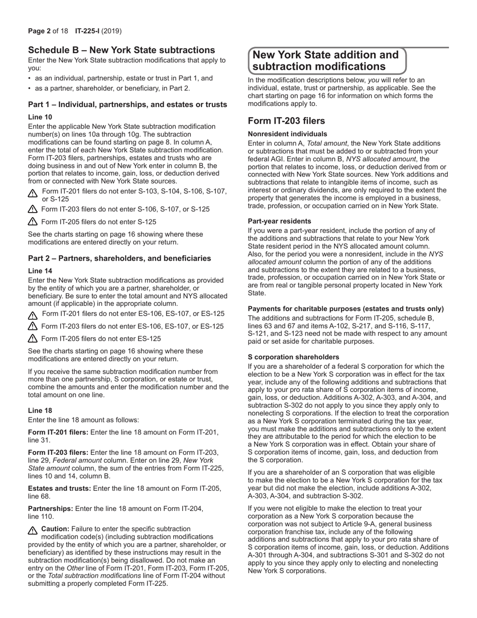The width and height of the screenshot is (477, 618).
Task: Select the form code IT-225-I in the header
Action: (x=88, y=31)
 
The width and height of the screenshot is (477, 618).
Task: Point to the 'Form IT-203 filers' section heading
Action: (x=286, y=121)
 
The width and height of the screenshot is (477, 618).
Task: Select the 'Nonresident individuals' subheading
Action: (x=287, y=134)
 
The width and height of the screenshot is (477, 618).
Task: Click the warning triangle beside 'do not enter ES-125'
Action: (x=33, y=339)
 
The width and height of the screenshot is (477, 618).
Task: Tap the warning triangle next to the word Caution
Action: (x=33, y=530)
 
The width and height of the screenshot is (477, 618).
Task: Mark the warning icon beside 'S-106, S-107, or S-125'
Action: (x=33, y=210)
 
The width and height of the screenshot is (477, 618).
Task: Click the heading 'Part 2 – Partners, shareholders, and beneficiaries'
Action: (x=120, y=258)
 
